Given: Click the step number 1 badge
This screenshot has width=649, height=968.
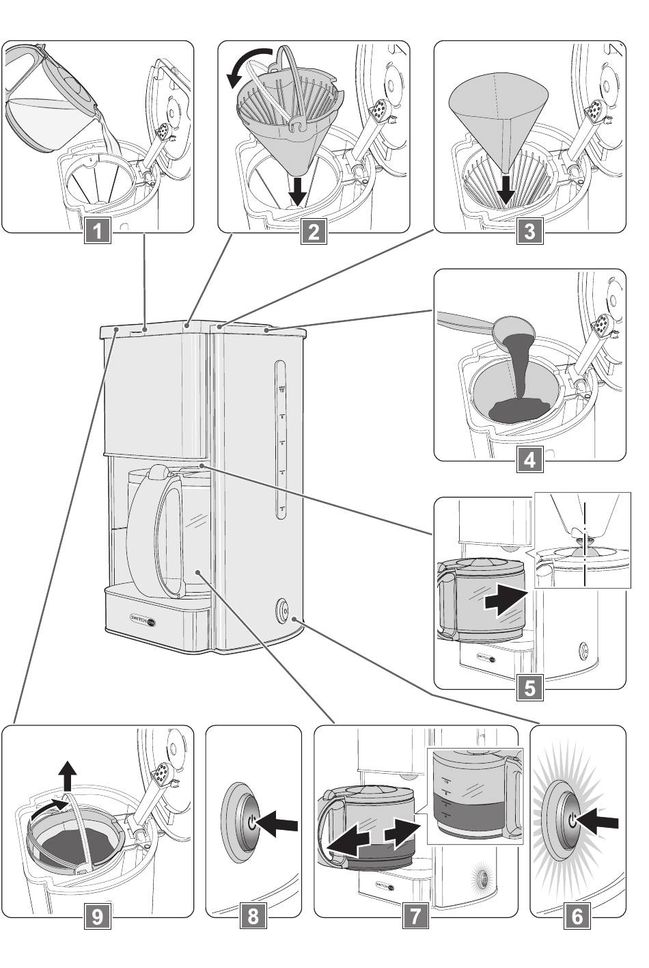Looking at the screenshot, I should click(98, 231).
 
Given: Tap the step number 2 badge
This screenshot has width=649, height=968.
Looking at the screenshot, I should click(314, 231).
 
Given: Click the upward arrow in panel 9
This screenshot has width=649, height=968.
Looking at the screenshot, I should click(67, 777).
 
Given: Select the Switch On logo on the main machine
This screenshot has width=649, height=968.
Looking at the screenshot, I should click(143, 618).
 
